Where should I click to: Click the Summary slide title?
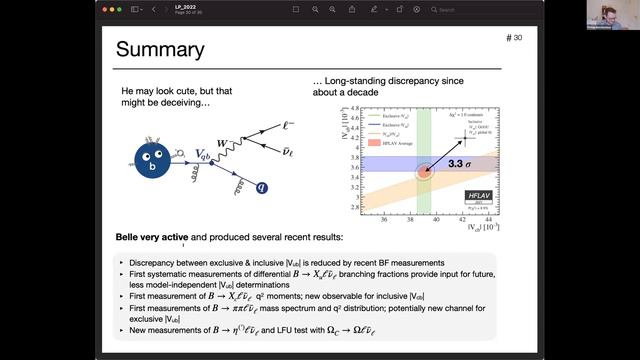162,50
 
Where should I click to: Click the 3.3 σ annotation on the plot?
460,161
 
